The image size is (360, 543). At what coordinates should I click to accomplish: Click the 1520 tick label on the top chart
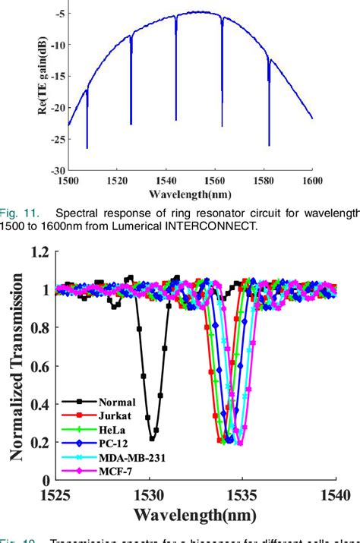coord(116,179)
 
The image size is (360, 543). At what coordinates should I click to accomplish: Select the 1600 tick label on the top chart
coord(312,179)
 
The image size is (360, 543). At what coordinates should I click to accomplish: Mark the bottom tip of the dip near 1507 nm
coord(87,147)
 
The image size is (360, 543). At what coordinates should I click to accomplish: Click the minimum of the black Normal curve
coord(153,438)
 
